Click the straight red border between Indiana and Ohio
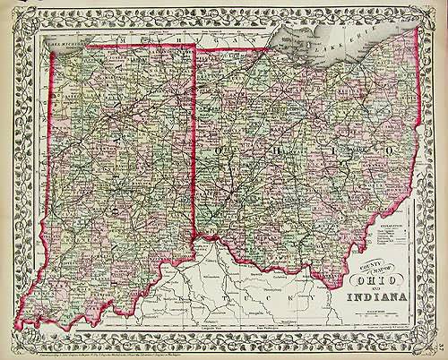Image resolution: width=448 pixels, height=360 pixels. (196, 134)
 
